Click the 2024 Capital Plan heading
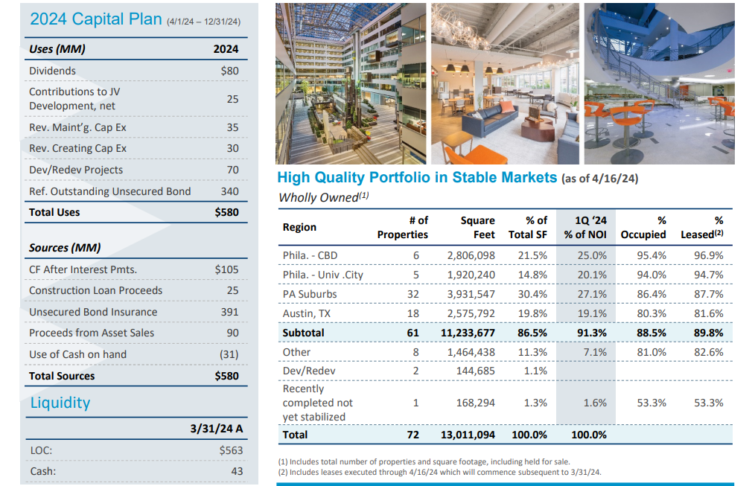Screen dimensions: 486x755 pyautogui.click(x=95, y=19)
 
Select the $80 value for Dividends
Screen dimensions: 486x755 pyautogui.click(x=229, y=71)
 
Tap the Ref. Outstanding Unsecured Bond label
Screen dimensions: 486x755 pyautogui.click(x=109, y=191)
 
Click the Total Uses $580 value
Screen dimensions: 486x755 pyautogui.click(x=226, y=212)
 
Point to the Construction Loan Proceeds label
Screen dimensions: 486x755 pyautogui.click(x=95, y=290)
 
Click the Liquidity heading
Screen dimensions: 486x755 pyautogui.click(x=60, y=403)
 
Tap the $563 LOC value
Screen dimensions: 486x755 pyautogui.click(x=232, y=450)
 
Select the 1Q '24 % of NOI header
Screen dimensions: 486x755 pyautogui.click(x=585, y=227)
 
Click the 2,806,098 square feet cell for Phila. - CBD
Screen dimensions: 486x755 pyautogui.click(x=471, y=255)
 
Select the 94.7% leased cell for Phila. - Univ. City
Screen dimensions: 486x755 pyautogui.click(x=707, y=275)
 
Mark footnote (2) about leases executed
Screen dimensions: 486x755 pyautogui.click(x=439, y=472)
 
